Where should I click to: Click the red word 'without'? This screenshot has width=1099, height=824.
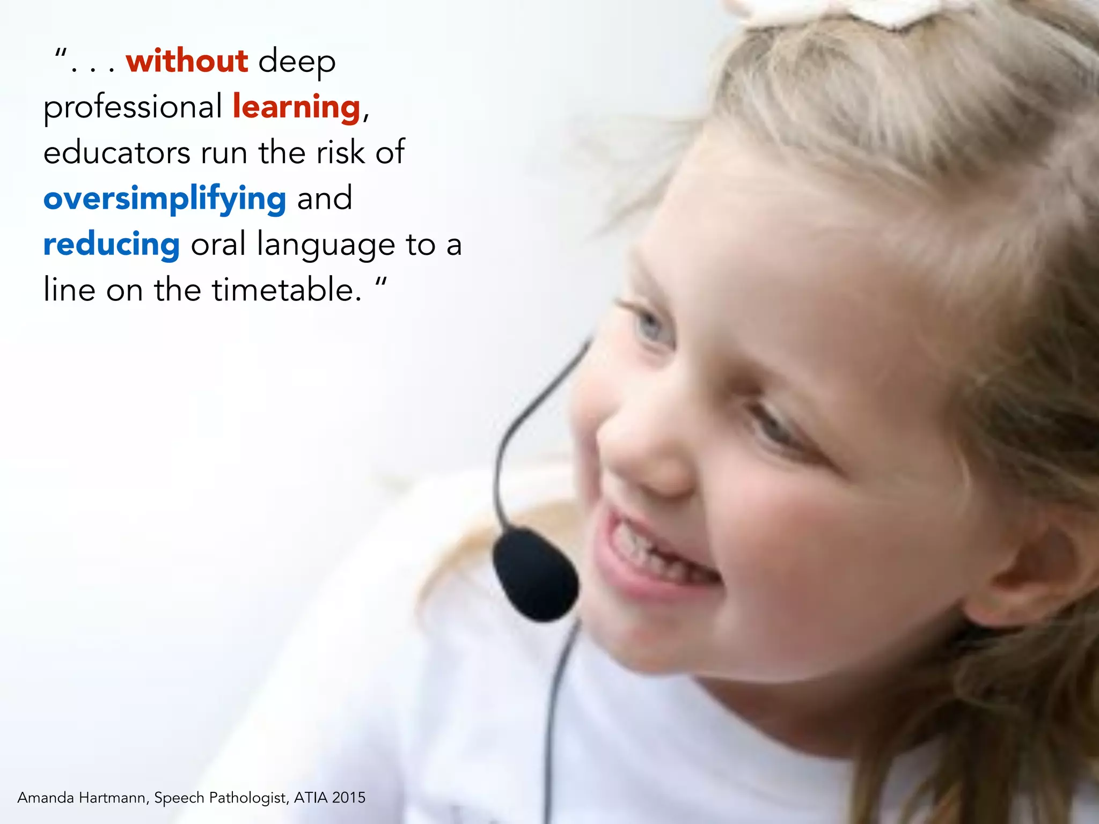(187, 61)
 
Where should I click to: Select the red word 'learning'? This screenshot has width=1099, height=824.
(296, 107)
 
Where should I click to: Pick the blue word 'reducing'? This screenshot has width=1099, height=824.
(111, 245)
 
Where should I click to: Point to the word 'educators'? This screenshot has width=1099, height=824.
(116, 153)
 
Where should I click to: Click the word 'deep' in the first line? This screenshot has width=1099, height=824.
(297, 62)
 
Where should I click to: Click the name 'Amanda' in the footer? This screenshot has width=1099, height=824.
(46, 798)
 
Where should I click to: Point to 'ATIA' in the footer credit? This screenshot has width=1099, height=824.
(311, 798)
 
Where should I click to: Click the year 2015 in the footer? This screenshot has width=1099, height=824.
(349, 798)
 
